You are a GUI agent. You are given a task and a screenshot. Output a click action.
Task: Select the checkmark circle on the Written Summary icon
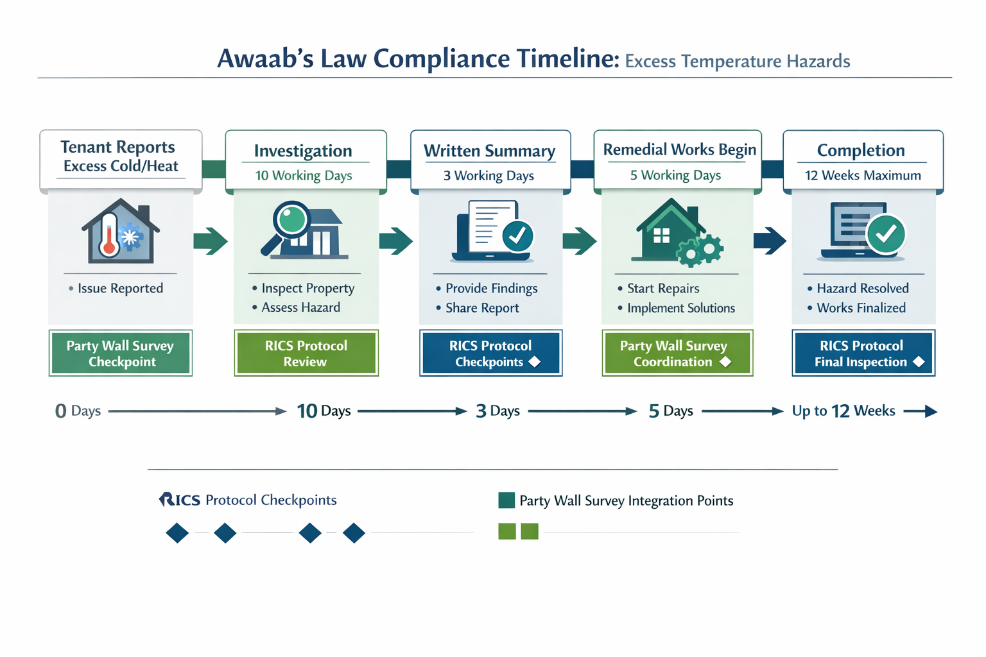517,235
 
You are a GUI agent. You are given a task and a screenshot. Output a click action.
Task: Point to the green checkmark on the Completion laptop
886,234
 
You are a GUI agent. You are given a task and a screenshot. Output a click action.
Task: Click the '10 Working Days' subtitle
304,175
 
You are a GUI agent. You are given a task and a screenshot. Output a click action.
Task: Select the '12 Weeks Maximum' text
863,175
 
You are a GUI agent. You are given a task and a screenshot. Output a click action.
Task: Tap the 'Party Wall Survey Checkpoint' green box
121,353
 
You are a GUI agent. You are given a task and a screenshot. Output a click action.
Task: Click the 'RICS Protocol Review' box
306,353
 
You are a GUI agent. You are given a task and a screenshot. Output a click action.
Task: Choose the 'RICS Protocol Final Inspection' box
863,353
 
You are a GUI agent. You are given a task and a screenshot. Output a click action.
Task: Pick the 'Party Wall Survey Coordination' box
677,353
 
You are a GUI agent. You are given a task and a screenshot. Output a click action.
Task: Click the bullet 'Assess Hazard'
300,307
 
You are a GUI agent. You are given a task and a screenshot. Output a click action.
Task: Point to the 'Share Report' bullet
482,308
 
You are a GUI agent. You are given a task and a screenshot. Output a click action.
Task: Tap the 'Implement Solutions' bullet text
680,308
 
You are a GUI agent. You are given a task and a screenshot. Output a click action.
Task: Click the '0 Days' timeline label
78,411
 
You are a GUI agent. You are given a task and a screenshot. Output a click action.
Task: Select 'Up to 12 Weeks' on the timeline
843,411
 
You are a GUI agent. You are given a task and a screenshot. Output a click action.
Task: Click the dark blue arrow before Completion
769,241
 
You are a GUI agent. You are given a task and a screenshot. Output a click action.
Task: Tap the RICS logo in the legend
180,500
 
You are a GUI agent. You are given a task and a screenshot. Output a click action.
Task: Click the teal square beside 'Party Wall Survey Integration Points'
506,500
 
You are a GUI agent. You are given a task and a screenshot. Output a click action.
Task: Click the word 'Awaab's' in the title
264,59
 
